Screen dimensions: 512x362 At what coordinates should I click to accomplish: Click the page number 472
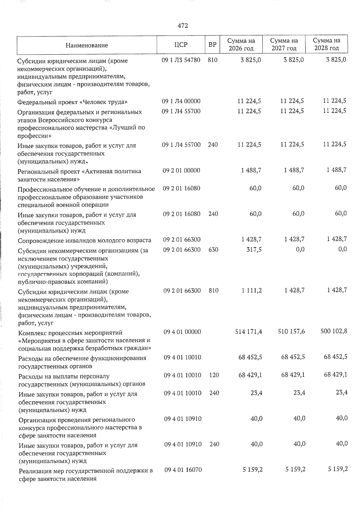pos(183,26)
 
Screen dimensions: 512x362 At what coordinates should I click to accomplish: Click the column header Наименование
pos(87,46)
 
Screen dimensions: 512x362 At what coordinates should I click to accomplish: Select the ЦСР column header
pos(181,45)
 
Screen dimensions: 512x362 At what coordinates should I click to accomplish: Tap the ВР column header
pos(212,45)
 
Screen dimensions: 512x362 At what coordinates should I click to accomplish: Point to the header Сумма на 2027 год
pos(284,44)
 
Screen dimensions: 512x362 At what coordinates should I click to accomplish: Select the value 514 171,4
pos(249,332)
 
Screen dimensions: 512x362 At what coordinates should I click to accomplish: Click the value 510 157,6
pos(291,332)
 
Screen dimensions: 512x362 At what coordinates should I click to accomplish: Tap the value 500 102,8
pos(334,331)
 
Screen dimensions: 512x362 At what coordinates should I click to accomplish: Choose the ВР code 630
pos(213,250)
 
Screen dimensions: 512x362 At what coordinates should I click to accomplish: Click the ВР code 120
pos(214,375)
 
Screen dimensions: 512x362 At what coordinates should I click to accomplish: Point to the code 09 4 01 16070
pos(183,470)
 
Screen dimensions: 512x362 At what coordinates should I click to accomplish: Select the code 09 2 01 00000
pos(181,170)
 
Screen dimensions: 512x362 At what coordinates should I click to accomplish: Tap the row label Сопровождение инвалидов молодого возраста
pos(84,240)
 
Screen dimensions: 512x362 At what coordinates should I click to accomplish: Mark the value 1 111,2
pos(251,291)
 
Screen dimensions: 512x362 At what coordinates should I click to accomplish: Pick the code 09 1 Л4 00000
pos(181,101)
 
